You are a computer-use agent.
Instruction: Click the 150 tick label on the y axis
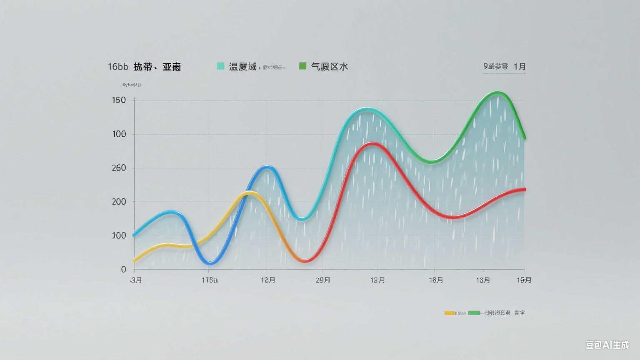(x=119, y=100)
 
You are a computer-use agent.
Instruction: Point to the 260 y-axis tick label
(x=119, y=168)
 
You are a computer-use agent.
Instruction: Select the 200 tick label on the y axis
(x=119, y=202)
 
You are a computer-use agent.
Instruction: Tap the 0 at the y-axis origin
(x=123, y=270)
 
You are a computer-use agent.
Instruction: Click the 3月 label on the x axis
(x=136, y=280)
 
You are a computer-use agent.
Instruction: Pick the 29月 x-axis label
(x=323, y=280)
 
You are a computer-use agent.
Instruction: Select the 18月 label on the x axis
(x=436, y=280)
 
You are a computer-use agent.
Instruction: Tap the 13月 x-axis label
(x=483, y=280)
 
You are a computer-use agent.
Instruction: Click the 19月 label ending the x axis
(x=524, y=280)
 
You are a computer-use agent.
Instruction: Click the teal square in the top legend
(x=220, y=66)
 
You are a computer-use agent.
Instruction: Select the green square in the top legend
(x=303, y=66)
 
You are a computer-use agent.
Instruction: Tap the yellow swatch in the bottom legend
(x=449, y=312)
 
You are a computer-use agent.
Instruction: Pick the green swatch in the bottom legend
(x=474, y=312)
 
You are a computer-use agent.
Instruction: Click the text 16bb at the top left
(x=118, y=67)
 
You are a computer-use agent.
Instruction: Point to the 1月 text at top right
(x=520, y=66)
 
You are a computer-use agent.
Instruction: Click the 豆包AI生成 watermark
(x=607, y=345)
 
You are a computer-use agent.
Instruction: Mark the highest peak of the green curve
(x=497, y=92)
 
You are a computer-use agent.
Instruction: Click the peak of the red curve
(x=372, y=144)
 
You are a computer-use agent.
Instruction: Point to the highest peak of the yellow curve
(x=249, y=193)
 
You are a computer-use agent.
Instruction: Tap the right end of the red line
(x=524, y=189)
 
